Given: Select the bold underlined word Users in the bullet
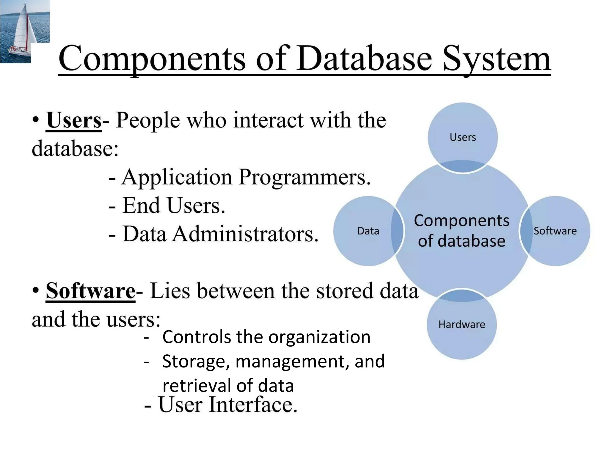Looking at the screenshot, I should [x=74, y=120].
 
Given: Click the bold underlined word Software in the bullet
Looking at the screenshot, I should [x=90, y=291].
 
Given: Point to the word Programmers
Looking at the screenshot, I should [x=304, y=177].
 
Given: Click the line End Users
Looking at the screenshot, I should [x=174, y=206].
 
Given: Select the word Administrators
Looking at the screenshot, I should [x=245, y=234].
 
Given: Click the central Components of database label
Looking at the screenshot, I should [x=462, y=231].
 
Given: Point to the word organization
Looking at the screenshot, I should [x=319, y=337].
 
